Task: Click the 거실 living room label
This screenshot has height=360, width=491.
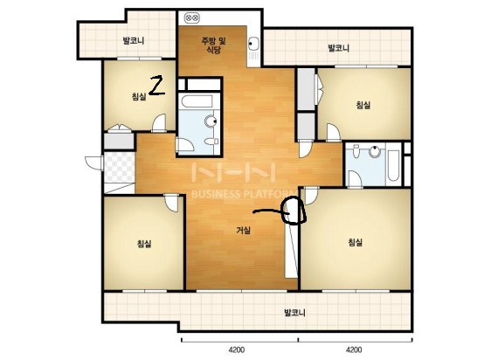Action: [243, 231]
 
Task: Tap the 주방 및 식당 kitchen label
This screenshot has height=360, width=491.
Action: [213, 45]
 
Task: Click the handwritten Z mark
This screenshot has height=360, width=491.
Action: [157, 86]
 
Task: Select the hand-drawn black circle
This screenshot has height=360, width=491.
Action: [293, 211]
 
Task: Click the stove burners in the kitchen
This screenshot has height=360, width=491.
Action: [191, 18]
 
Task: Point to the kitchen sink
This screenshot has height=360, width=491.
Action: [253, 43]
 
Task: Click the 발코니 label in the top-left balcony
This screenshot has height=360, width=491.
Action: [134, 40]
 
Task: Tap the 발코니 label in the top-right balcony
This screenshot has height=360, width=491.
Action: [338, 48]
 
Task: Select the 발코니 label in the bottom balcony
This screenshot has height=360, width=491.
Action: [294, 312]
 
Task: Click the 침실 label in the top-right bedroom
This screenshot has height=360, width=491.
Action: [363, 105]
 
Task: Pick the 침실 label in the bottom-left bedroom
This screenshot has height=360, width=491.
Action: [144, 243]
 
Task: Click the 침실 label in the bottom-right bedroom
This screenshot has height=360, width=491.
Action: [356, 242]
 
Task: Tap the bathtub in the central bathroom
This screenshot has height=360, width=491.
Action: [197, 102]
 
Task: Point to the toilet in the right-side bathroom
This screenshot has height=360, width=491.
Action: [356, 151]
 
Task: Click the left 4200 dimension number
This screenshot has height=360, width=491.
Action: [237, 350]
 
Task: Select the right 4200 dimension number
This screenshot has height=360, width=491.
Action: [354, 350]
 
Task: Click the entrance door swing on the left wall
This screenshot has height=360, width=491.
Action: [93, 163]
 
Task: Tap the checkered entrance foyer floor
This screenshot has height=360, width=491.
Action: [120, 167]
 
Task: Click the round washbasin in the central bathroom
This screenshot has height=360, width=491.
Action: [211, 121]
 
